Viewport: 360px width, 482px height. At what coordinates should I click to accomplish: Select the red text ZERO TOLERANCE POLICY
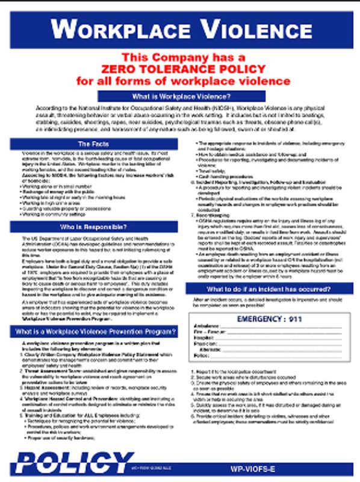(181, 69)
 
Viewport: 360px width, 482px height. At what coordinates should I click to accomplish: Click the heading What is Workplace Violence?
(181, 96)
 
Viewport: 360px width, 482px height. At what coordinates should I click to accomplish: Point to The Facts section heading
(93, 143)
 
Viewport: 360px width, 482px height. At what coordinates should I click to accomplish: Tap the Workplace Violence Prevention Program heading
(93, 331)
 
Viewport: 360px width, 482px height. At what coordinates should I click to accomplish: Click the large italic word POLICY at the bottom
(66, 462)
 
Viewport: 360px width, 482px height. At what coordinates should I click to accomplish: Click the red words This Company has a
(181, 57)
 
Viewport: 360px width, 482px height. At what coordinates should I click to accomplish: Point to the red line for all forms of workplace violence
(181, 80)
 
